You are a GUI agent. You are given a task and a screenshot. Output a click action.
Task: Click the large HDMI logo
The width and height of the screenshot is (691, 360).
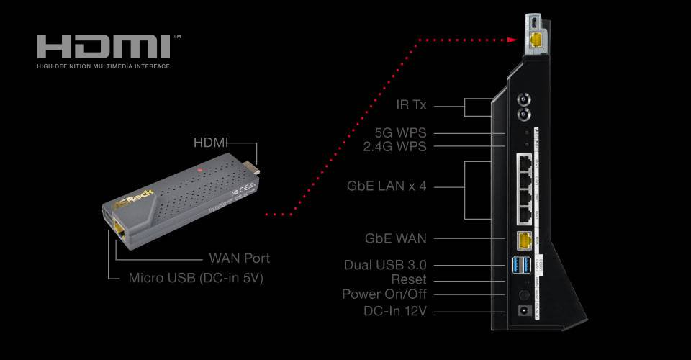[x=104, y=47]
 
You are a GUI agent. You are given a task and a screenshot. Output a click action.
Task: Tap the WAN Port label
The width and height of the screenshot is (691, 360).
[x=239, y=258]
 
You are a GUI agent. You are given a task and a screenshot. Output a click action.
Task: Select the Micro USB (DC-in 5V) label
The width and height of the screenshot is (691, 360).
[x=196, y=278]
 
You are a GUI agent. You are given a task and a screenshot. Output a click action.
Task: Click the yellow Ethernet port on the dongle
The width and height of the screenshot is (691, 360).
[x=118, y=230]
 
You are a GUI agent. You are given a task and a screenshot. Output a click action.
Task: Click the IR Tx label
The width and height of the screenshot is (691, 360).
[x=412, y=105]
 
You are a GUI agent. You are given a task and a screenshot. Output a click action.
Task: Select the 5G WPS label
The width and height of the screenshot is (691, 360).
[x=401, y=133]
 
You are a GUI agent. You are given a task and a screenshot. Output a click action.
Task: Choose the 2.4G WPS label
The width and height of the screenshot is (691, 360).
[x=395, y=147]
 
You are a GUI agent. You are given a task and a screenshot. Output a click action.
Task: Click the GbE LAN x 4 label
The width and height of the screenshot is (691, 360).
[x=387, y=186]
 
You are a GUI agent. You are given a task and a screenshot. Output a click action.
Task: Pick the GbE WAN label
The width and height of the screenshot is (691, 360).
[x=397, y=238]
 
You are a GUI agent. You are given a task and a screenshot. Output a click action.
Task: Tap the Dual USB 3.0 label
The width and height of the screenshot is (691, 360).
[x=385, y=265]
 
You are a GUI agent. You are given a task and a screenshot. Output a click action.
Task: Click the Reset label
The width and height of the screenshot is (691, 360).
[x=409, y=279]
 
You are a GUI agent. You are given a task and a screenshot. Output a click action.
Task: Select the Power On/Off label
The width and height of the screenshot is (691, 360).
[x=384, y=294]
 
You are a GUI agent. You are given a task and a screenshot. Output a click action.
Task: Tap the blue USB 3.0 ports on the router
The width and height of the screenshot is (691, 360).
[x=523, y=266]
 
